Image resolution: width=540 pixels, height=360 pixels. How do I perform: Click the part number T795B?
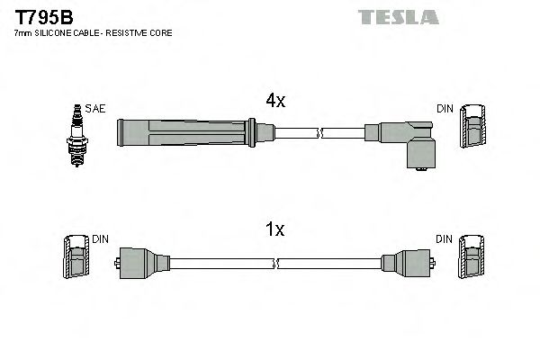coord(40,15)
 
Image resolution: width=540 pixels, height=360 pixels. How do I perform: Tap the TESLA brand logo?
coord(398,16)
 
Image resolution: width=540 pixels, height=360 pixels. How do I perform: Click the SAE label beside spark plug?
coord(96,109)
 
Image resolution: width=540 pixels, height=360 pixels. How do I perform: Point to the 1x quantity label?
coord(274,229)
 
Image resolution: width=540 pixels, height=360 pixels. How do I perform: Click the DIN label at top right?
coord(445,109)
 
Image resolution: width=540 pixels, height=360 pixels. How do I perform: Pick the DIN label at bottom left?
coord(100,238)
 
